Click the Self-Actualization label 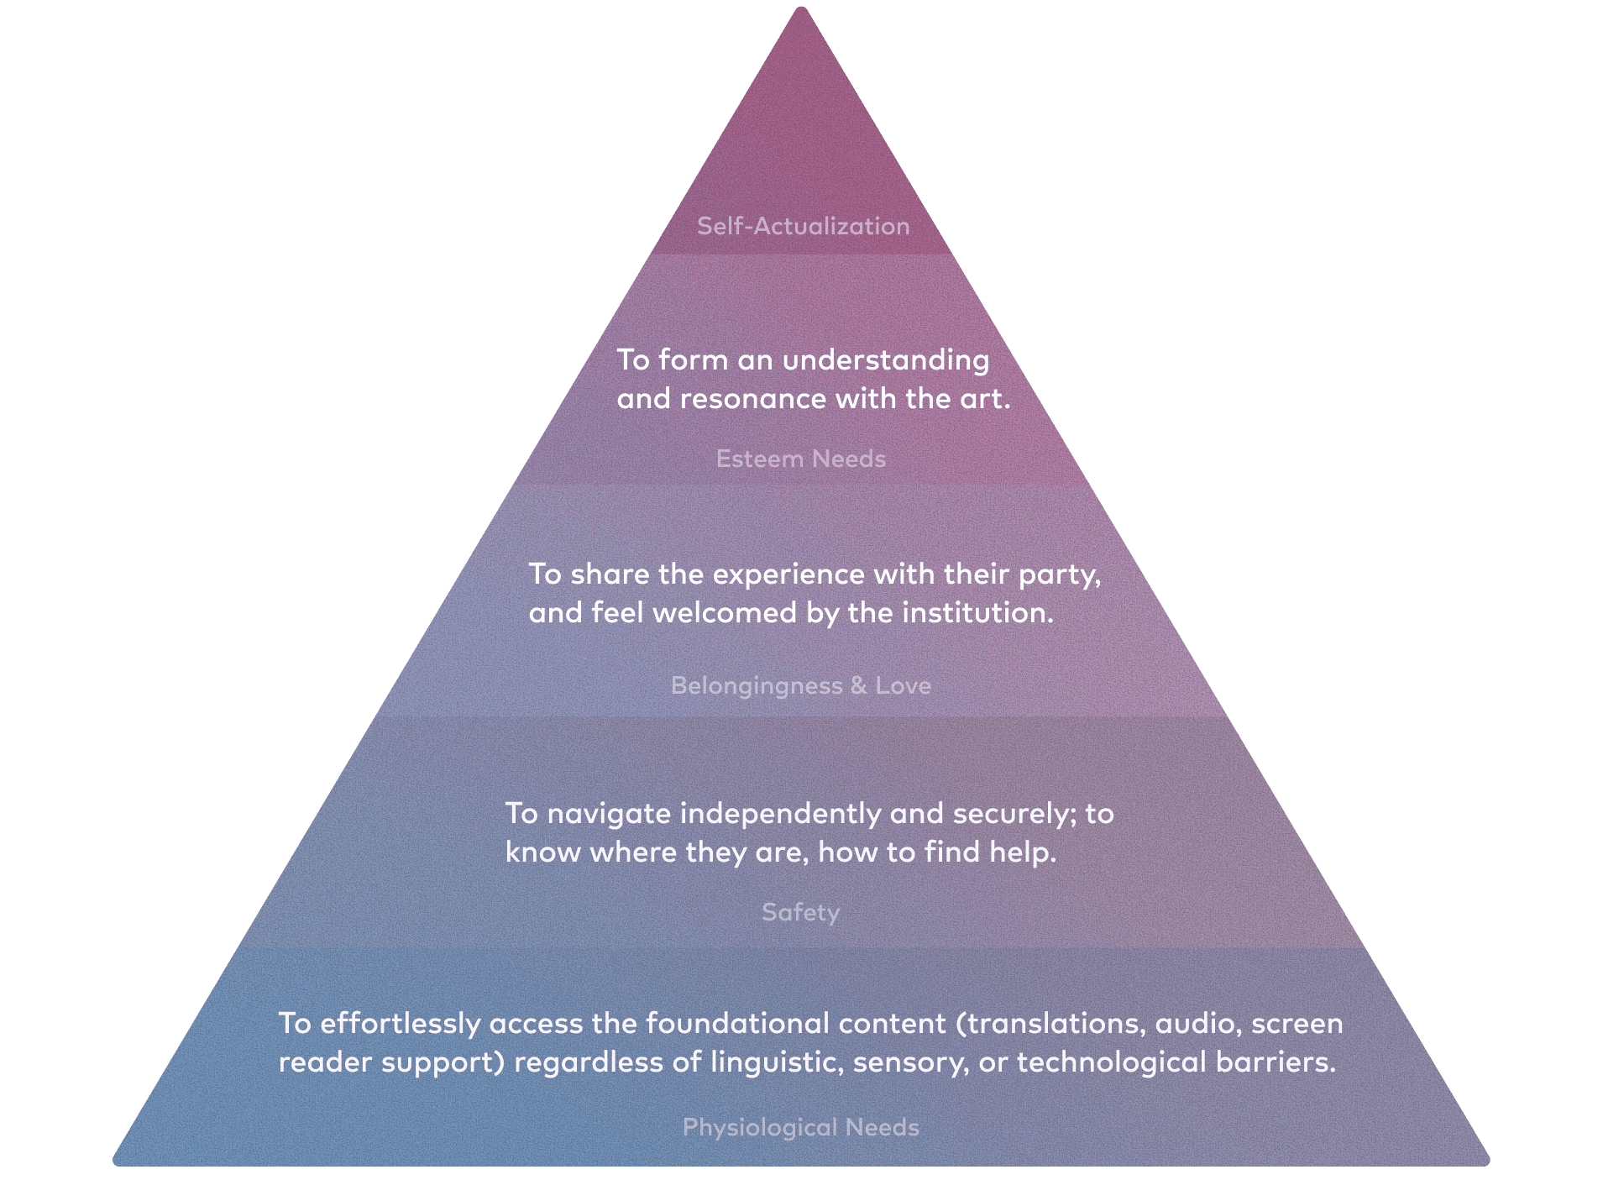click(803, 226)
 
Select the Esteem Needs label click(801, 459)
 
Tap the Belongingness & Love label click(801, 685)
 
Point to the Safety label click(800, 912)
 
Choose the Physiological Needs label click(801, 1127)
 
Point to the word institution click(977, 612)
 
